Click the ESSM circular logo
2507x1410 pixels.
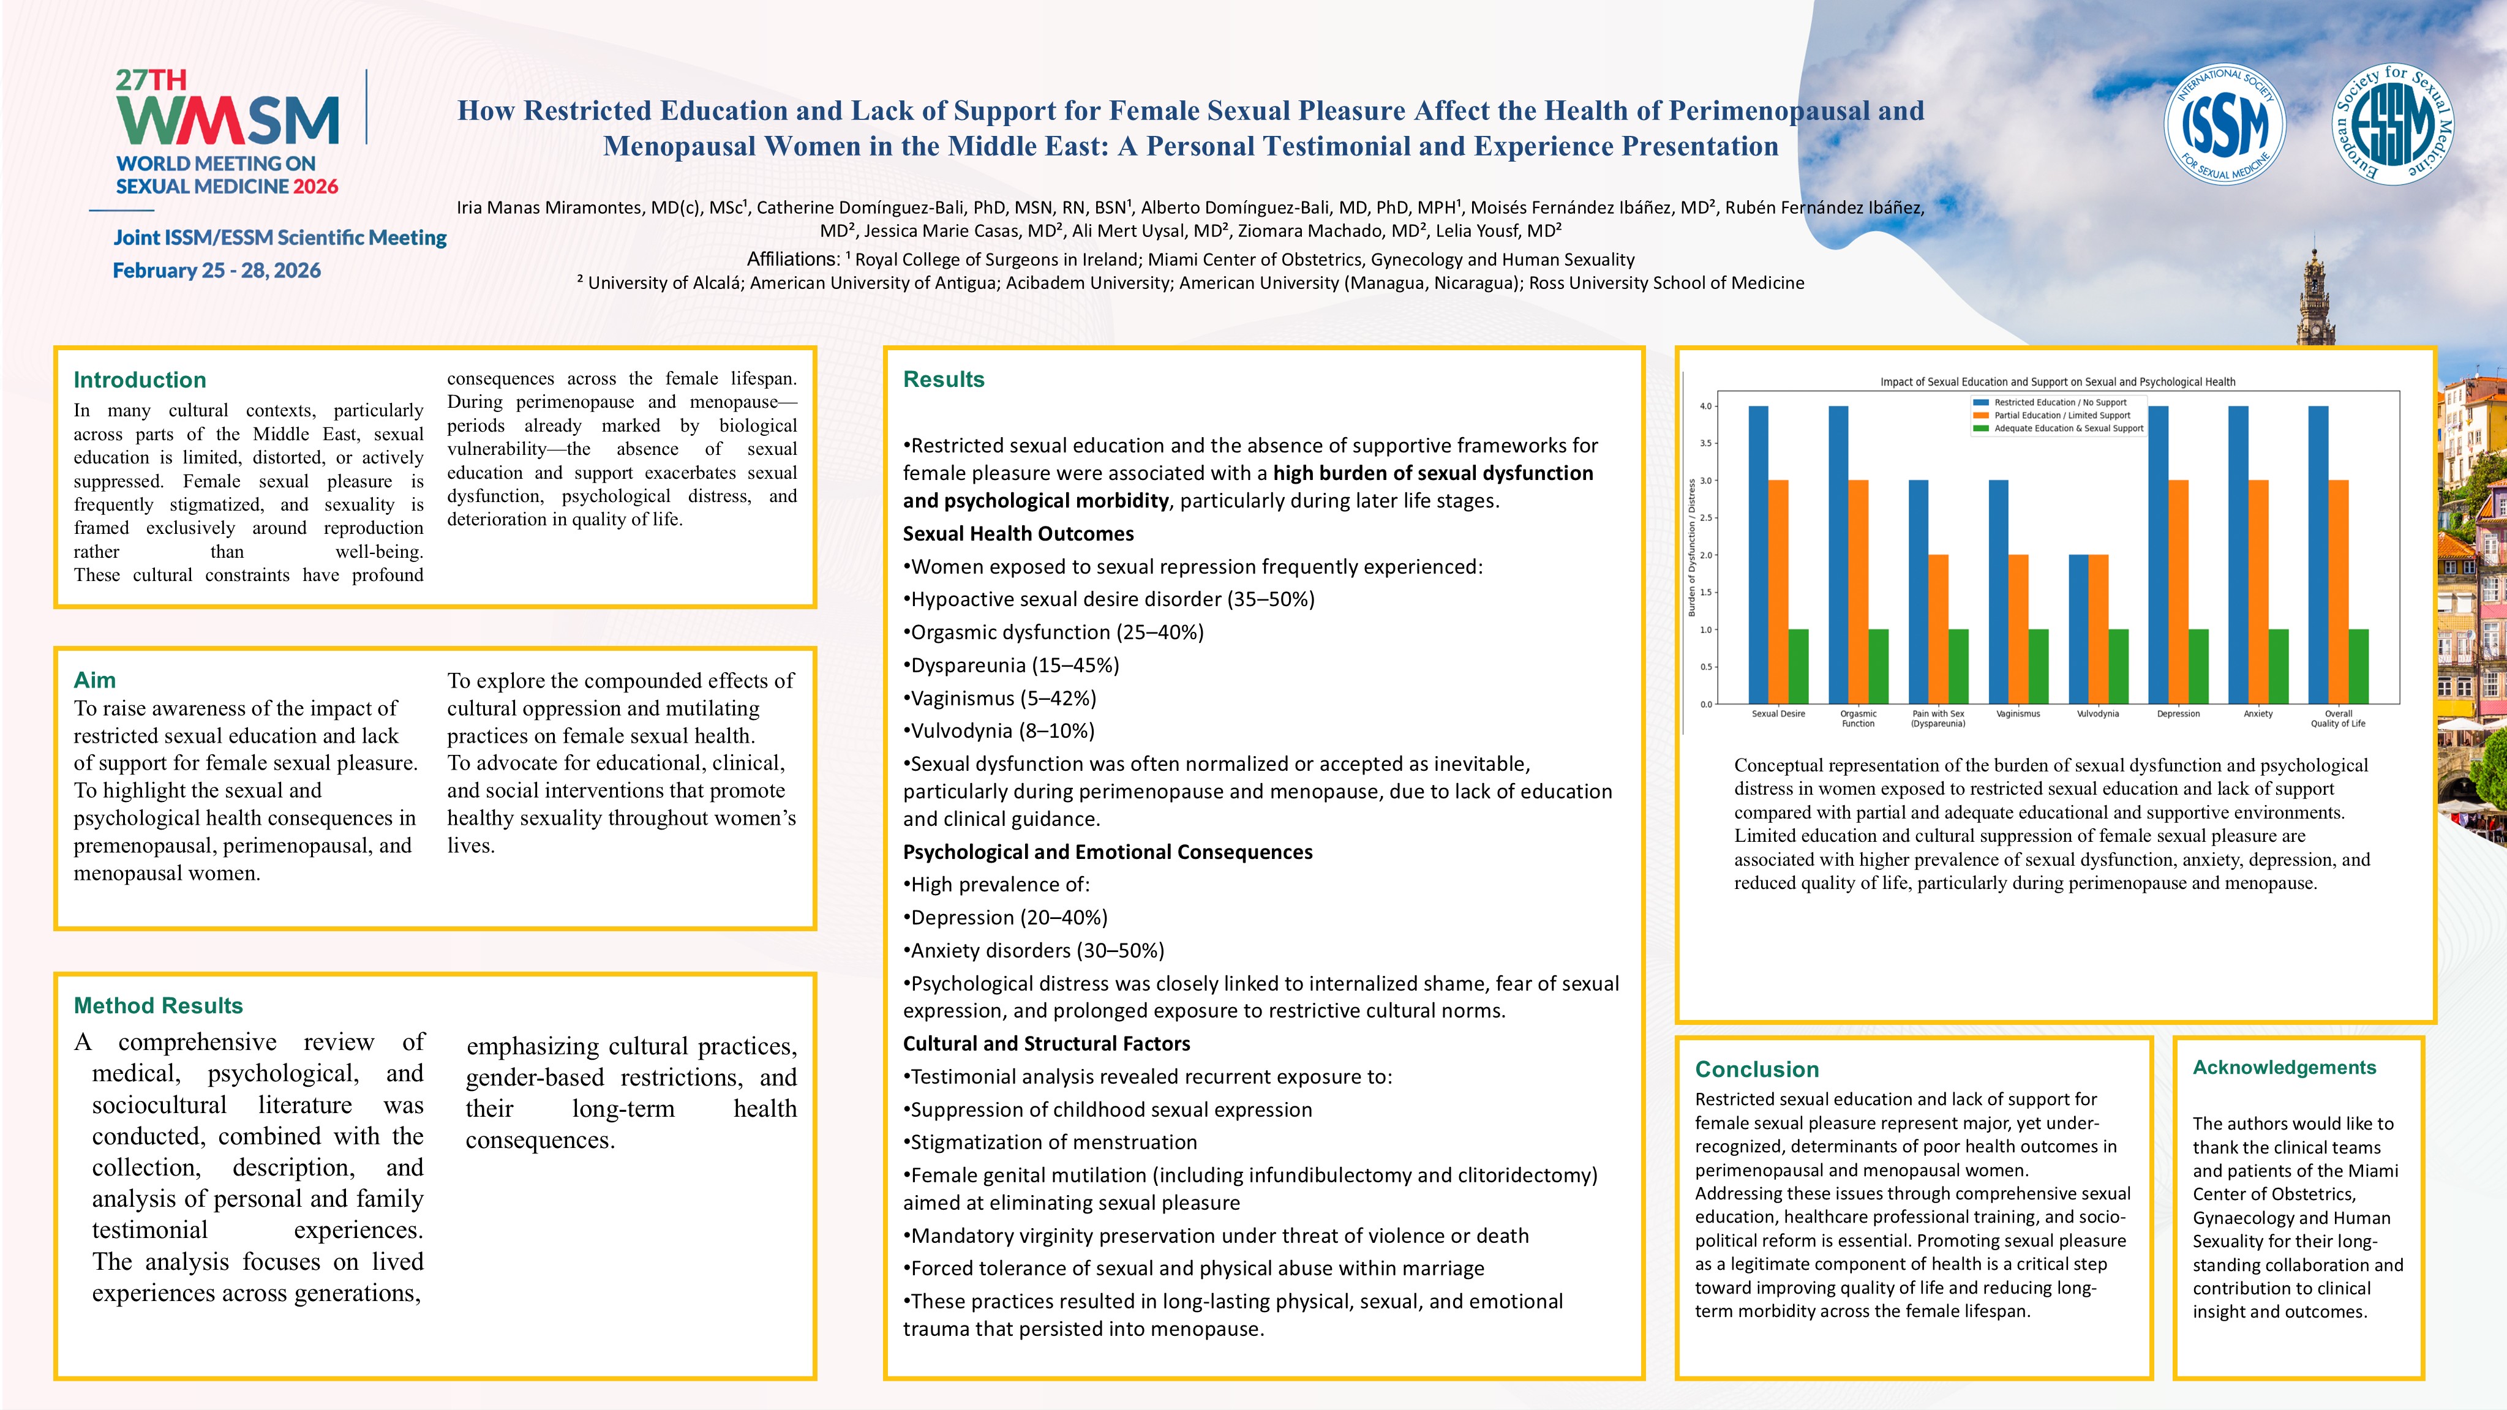click(x=2393, y=124)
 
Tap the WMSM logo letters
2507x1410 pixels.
click(x=228, y=121)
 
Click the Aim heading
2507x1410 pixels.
click(x=94, y=679)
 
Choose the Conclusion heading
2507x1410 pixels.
click(x=1757, y=1068)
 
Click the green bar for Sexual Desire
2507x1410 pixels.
click(x=1799, y=667)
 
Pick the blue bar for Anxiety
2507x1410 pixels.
click(x=2238, y=555)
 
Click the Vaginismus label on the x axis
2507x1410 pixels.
click(x=2018, y=713)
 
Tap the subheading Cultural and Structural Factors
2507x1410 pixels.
click(x=1046, y=1043)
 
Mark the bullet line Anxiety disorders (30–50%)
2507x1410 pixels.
click(x=1034, y=950)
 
